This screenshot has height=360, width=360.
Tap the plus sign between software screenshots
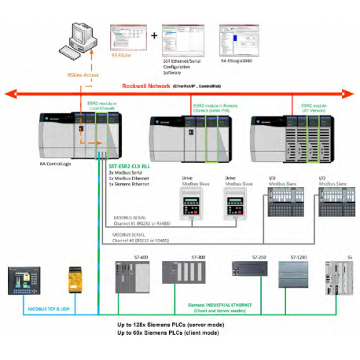click(x=154, y=36)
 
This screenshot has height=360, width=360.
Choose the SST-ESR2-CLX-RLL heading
click(x=130, y=166)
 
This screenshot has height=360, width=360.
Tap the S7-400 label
click(x=122, y=256)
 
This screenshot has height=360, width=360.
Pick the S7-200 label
click(x=242, y=256)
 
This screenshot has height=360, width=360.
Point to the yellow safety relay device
click(x=79, y=276)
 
